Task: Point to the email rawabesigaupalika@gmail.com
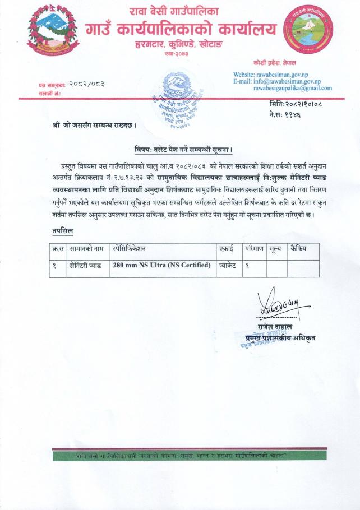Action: click(x=292, y=89)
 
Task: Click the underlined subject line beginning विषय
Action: click(x=184, y=149)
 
